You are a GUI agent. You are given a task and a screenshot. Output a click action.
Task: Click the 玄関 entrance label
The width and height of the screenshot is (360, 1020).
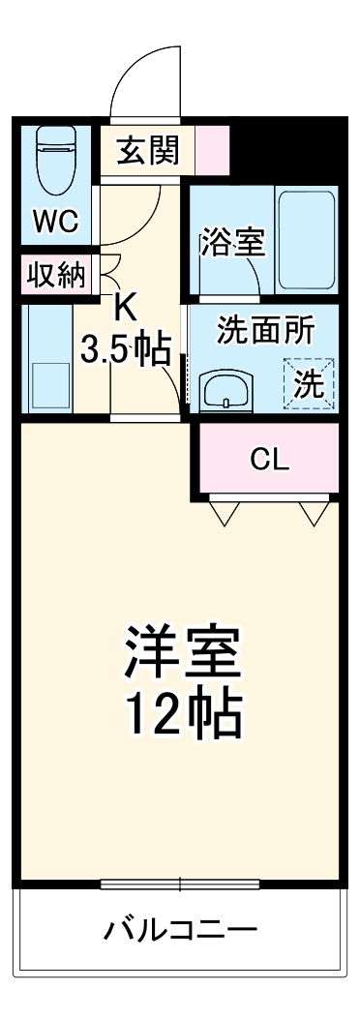click(148, 150)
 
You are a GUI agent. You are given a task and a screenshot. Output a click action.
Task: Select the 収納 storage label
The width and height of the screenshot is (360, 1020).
click(56, 276)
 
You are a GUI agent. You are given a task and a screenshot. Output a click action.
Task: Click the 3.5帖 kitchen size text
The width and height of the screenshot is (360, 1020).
click(126, 349)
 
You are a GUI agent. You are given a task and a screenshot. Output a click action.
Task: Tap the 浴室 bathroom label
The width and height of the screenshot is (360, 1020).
click(232, 243)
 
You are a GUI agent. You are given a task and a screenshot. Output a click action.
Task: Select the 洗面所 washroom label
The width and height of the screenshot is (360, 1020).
click(264, 331)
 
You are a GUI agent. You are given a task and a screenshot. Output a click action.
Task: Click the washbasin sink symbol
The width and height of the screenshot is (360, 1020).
click(225, 392)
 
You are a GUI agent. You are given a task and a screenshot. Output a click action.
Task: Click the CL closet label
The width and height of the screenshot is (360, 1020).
click(269, 459)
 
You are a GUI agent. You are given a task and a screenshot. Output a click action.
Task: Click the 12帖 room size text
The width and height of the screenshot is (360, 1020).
click(181, 717)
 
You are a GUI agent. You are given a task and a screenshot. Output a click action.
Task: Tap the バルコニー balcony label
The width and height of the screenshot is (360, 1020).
click(181, 931)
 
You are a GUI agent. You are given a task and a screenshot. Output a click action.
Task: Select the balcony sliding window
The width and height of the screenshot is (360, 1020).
click(180, 883)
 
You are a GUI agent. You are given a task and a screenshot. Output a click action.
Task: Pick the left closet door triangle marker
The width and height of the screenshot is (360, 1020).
click(225, 512)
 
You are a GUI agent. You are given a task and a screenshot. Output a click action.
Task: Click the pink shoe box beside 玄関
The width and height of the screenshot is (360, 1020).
click(213, 150)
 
